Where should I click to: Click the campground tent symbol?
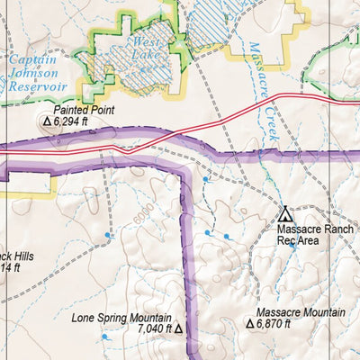pos(285,214)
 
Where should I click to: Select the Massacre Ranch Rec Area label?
pos(310,236)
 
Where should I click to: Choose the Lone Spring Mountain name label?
pos(122,319)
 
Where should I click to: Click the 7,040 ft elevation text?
pos(154,330)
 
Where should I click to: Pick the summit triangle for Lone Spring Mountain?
pos(178,330)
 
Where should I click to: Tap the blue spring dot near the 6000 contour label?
pos(109,236)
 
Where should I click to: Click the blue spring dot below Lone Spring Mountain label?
pos(104,337)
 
